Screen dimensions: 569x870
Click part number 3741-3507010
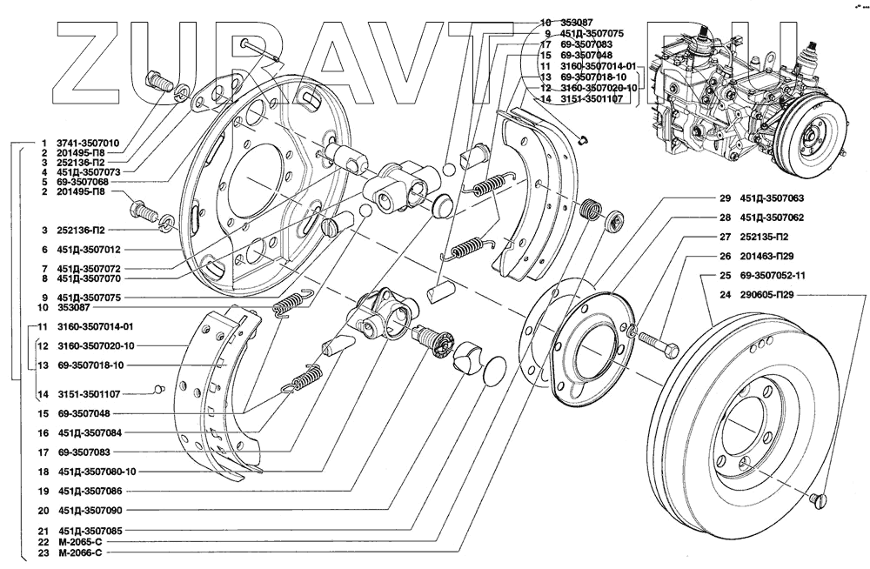tap(88, 142)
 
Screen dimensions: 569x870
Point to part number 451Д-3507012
tap(88, 249)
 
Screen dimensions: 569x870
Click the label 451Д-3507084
tap(90, 432)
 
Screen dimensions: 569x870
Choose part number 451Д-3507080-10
tap(97, 472)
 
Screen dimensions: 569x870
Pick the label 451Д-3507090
tap(90, 512)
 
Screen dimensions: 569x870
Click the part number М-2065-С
tap(82, 541)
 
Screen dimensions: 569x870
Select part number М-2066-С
tap(82, 552)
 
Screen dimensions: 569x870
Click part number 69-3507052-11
tap(779, 276)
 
